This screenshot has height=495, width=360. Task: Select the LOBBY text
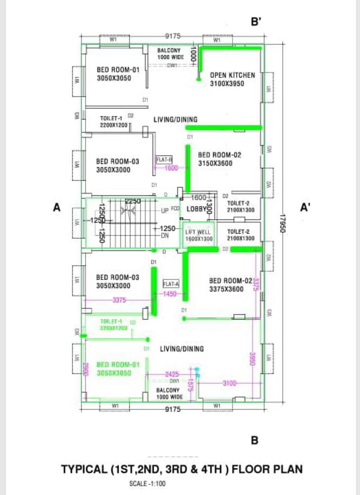pyautogui.click(x=196, y=209)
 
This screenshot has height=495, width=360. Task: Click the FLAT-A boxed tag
pyautogui.click(x=171, y=284)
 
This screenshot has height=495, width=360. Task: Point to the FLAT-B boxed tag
pyautogui.click(x=164, y=159)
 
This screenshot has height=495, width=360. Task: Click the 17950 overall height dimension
pyautogui.click(x=284, y=225)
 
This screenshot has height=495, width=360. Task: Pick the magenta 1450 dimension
pyautogui.click(x=170, y=294)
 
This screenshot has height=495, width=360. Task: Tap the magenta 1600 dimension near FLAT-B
pyautogui.click(x=171, y=168)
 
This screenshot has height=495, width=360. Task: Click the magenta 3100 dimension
pyautogui.click(x=229, y=383)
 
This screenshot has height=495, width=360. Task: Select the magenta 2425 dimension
pyautogui.click(x=173, y=374)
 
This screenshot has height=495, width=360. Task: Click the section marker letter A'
pyautogui.click(x=305, y=207)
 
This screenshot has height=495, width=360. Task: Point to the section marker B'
pyautogui.click(x=256, y=22)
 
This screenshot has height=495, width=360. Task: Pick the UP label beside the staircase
pyautogui.click(x=165, y=211)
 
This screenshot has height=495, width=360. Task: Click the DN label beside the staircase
pyautogui.click(x=164, y=235)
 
